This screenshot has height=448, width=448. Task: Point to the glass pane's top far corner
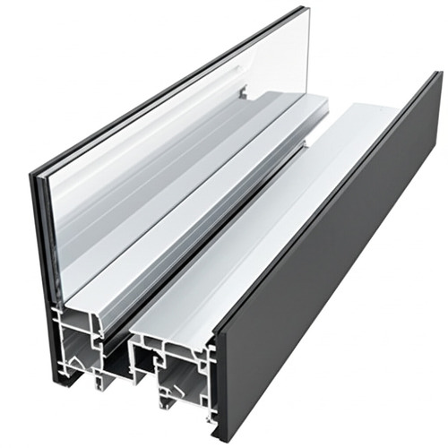tap(306, 11)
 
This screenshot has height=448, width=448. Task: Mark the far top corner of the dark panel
tap(436, 73)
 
